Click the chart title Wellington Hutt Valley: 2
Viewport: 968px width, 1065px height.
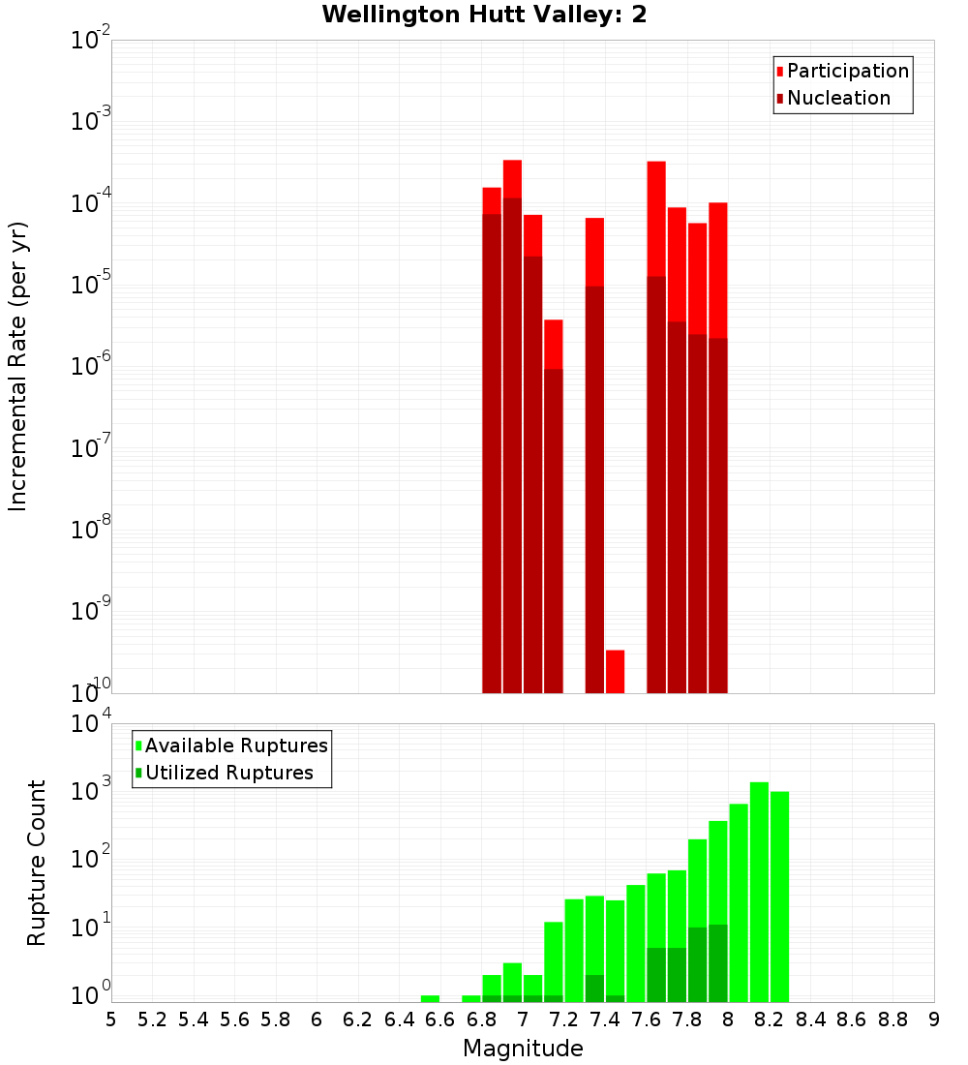click(x=484, y=15)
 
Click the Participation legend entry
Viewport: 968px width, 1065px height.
click(x=847, y=71)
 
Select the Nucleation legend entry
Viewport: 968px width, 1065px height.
click(x=837, y=98)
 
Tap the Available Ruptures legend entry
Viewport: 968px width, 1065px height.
click(x=235, y=745)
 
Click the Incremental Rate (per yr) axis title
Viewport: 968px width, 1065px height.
click(x=17, y=366)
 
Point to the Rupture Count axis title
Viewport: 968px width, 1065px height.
click(x=37, y=863)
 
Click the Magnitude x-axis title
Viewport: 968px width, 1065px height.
click(x=523, y=1049)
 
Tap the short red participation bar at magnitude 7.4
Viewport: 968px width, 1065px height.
click(x=615, y=671)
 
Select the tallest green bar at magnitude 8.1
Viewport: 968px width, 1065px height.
click(x=759, y=891)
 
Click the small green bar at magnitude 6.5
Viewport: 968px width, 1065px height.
click(x=430, y=998)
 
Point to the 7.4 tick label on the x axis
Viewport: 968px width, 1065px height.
click(x=605, y=1019)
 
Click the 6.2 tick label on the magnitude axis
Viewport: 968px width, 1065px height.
click(x=358, y=1019)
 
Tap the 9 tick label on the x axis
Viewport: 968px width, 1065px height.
click(x=933, y=1019)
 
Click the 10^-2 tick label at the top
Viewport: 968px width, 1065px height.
click(x=89, y=41)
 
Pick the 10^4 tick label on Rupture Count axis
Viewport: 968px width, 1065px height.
click(x=89, y=724)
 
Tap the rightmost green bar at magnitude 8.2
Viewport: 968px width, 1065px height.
click(x=779, y=896)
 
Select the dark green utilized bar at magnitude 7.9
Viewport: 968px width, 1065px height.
click(x=717, y=963)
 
